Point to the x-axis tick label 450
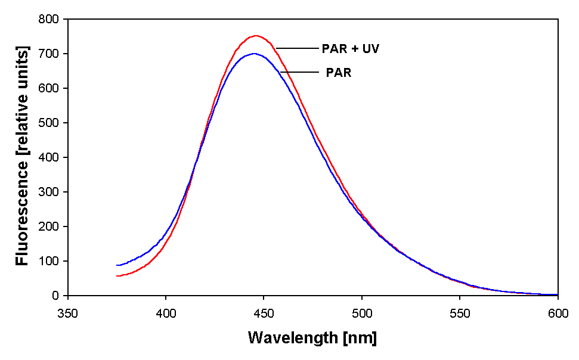point(264,312)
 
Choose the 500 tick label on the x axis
point(362,312)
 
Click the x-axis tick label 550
point(460,312)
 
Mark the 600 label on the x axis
point(558,312)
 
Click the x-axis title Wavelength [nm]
point(312,338)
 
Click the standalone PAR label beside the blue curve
point(338,73)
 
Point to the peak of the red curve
point(256,36)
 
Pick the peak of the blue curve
point(255,54)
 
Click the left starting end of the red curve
point(117,276)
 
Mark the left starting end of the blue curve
point(117,265)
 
